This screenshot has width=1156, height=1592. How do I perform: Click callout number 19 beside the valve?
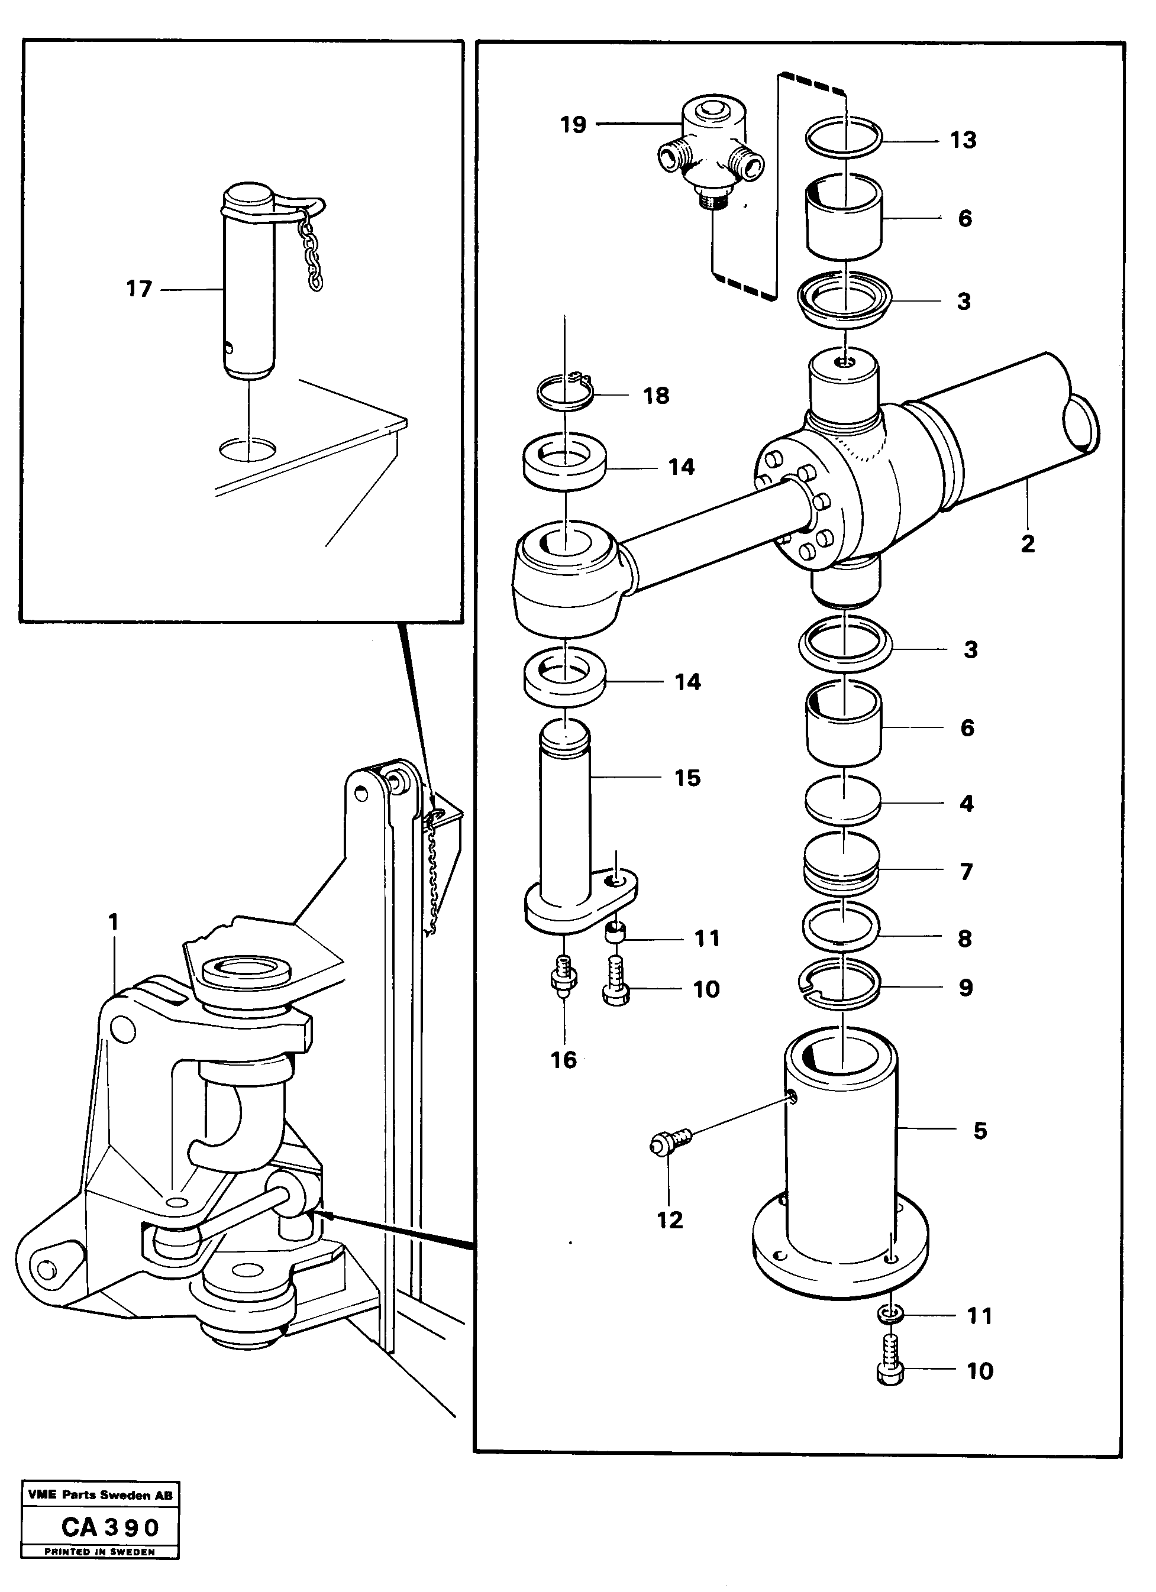coord(573,125)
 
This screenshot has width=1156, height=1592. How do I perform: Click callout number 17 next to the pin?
coord(138,289)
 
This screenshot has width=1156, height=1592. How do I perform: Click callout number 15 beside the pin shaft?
coord(687,778)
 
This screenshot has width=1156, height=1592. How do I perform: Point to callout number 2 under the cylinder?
coord(1028,543)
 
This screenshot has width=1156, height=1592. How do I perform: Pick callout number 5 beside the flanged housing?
coord(980,1130)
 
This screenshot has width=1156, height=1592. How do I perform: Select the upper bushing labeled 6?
coord(843,218)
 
